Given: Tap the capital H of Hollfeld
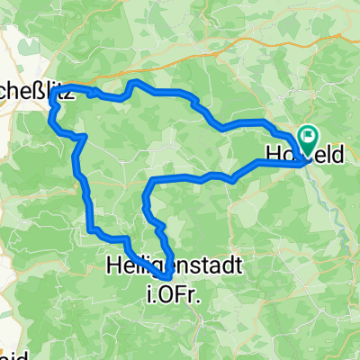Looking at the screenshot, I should click(x=274, y=155).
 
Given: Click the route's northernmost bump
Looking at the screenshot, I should click(x=135, y=83).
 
